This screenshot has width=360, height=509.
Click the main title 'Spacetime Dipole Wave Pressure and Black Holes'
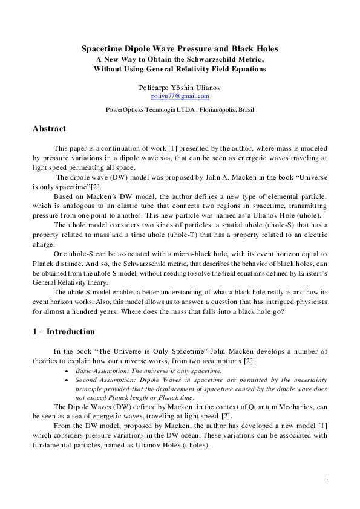click(x=180, y=48)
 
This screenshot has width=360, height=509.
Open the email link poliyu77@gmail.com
click(x=180, y=96)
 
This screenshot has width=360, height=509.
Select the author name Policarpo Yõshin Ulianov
click(x=180, y=88)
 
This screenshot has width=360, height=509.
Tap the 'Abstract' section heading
click(x=49, y=129)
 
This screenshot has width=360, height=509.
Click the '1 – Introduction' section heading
click(x=64, y=332)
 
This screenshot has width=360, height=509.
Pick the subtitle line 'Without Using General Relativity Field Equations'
click(x=180, y=69)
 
